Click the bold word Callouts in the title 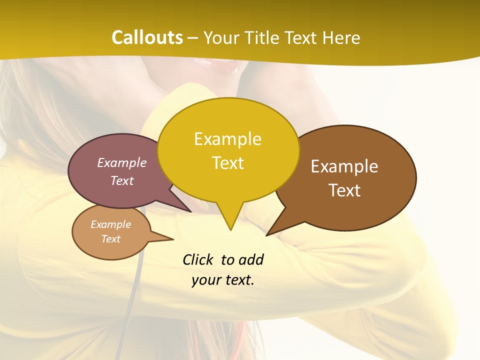click(x=147, y=37)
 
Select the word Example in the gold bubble click(x=227, y=139)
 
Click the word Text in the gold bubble click(x=227, y=163)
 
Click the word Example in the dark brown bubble click(x=344, y=166)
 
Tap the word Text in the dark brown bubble click(x=344, y=190)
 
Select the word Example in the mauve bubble click(x=122, y=162)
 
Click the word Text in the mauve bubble click(x=122, y=180)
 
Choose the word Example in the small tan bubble click(x=110, y=224)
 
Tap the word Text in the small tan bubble click(x=110, y=239)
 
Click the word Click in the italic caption click(x=198, y=259)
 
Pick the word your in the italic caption click(x=205, y=280)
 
